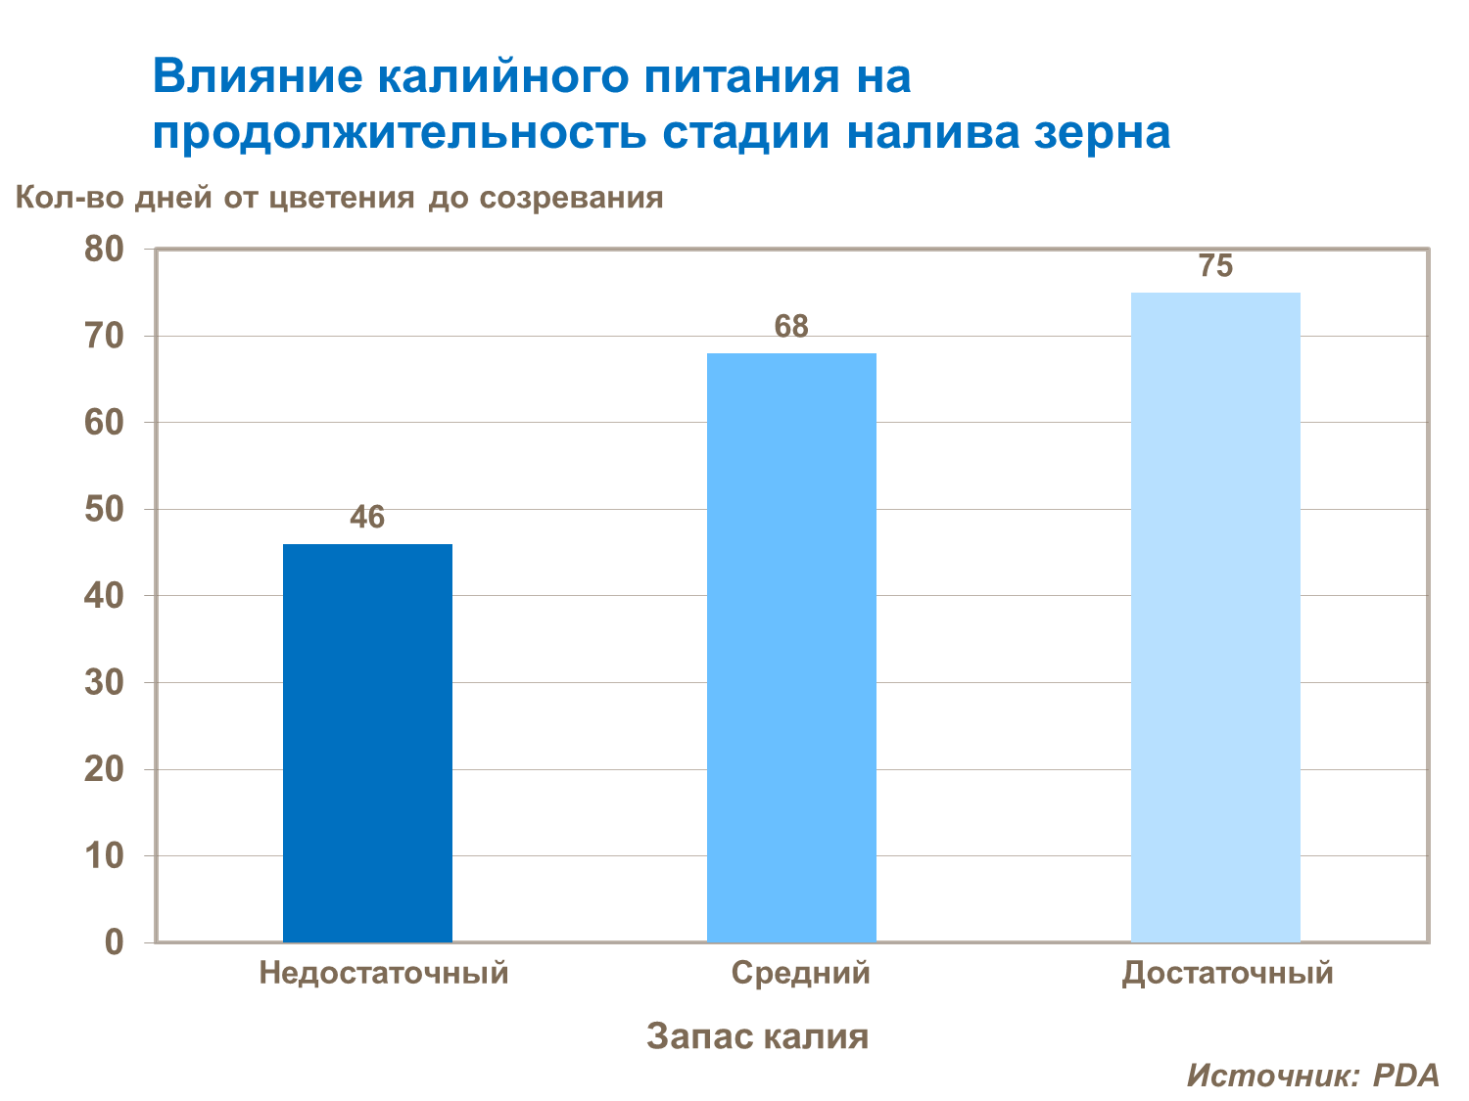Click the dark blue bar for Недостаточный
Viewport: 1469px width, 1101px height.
(367, 743)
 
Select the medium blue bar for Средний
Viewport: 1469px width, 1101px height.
(791, 647)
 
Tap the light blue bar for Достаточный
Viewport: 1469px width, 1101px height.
(1215, 617)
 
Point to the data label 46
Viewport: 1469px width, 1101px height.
(367, 517)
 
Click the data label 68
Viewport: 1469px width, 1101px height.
(791, 326)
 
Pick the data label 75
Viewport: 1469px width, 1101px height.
(1215, 266)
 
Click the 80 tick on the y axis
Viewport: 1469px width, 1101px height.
(105, 250)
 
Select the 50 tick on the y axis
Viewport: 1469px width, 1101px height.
(105, 510)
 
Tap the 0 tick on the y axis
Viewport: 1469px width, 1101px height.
(115, 942)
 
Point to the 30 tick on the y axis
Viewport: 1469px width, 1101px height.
(105, 683)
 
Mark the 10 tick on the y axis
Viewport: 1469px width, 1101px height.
(105, 856)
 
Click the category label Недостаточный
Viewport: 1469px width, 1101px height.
(384, 973)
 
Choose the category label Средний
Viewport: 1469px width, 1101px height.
(800, 973)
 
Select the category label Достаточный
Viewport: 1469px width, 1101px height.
(1227, 973)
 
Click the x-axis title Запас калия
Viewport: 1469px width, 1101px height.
(757, 1035)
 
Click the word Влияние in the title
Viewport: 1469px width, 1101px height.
(256, 77)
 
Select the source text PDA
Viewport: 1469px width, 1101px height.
(1406, 1075)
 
